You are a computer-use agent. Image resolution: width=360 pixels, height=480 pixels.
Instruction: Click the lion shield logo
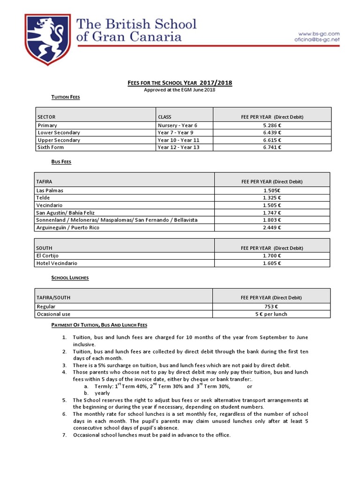click(x=49, y=38)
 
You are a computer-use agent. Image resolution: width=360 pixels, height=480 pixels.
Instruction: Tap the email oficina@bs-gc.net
click(x=316, y=40)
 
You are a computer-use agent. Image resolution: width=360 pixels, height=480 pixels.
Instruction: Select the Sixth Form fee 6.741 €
click(x=272, y=147)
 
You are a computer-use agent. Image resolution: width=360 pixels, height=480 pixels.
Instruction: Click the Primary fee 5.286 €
click(x=272, y=125)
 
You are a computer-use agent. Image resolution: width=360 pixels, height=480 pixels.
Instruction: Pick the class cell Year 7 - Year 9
click(x=176, y=133)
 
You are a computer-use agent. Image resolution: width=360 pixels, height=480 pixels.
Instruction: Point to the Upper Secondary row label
click(x=59, y=140)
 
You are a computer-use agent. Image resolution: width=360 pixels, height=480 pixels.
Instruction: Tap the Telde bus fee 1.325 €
click(x=272, y=198)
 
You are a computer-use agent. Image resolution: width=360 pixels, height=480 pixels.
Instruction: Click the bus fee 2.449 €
click(x=272, y=227)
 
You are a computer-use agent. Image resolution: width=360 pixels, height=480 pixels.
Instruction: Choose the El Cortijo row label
click(x=47, y=255)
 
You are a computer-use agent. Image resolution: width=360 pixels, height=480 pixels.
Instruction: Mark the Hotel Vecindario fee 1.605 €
click(x=272, y=263)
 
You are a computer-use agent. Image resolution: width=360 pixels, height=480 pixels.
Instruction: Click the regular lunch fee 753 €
click(x=272, y=307)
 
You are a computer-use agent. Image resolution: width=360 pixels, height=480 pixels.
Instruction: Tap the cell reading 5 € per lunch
click(x=272, y=314)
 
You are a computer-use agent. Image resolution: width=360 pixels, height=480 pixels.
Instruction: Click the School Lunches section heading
click(x=70, y=278)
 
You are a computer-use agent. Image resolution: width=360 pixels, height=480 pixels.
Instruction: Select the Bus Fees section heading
click(x=61, y=162)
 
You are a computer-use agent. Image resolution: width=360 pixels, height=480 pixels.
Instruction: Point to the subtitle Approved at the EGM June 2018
click(x=180, y=90)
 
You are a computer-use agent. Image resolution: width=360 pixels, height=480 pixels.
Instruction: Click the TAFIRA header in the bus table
click(x=45, y=181)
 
